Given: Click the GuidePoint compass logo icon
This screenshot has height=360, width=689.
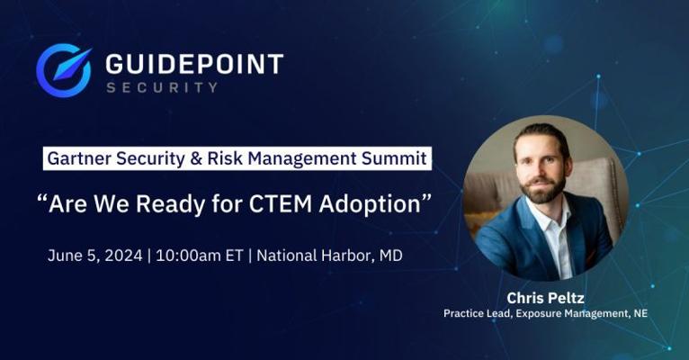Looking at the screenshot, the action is [x=64, y=70].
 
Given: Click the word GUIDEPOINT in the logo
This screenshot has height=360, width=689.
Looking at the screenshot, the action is [x=194, y=64].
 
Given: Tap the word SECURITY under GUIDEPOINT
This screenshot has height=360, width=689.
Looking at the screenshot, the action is [x=162, y=87].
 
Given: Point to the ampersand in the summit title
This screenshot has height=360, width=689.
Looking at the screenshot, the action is [x=196, y=158].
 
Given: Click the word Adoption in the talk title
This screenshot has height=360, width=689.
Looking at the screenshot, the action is [x=370, y=204].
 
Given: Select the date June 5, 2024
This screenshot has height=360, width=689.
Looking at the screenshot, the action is [x=95, y=256].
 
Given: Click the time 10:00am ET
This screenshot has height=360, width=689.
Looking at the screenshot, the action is [x=200, y=256].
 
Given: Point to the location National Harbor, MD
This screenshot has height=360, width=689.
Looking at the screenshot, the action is [x=329, y=256].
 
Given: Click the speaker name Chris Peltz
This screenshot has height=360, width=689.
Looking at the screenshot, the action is [x=545, y=298].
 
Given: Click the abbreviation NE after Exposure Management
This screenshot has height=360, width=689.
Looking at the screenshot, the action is [x=640, y=313].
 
